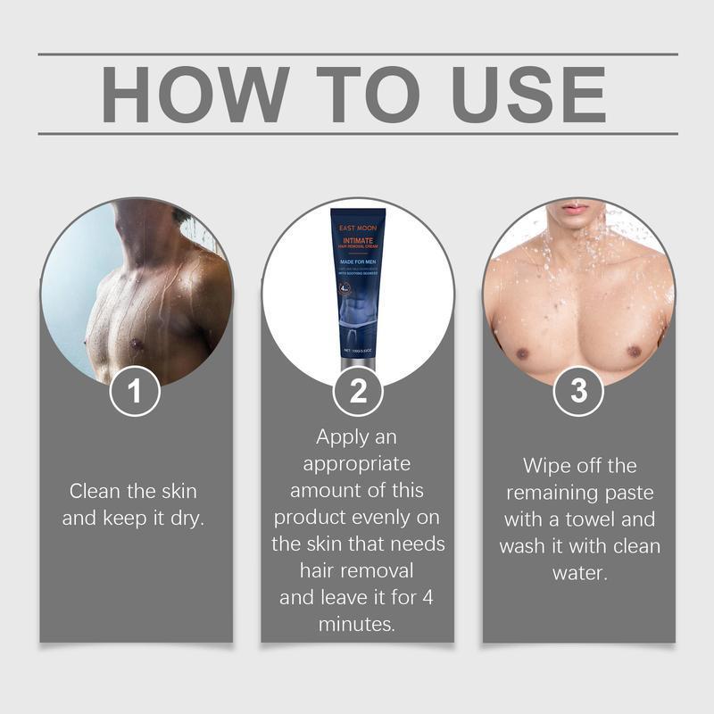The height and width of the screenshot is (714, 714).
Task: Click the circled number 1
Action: click(x=136, y=393)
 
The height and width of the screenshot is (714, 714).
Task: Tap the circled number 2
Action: click(x=358, y=393)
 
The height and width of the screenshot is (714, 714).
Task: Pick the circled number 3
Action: click(x=579, y=393)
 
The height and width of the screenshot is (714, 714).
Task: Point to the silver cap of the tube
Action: click(x=358, y=366)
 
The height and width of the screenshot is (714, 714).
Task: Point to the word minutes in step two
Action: click(x=357, y=625)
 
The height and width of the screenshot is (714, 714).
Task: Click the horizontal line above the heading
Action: click(x=357, y=54)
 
